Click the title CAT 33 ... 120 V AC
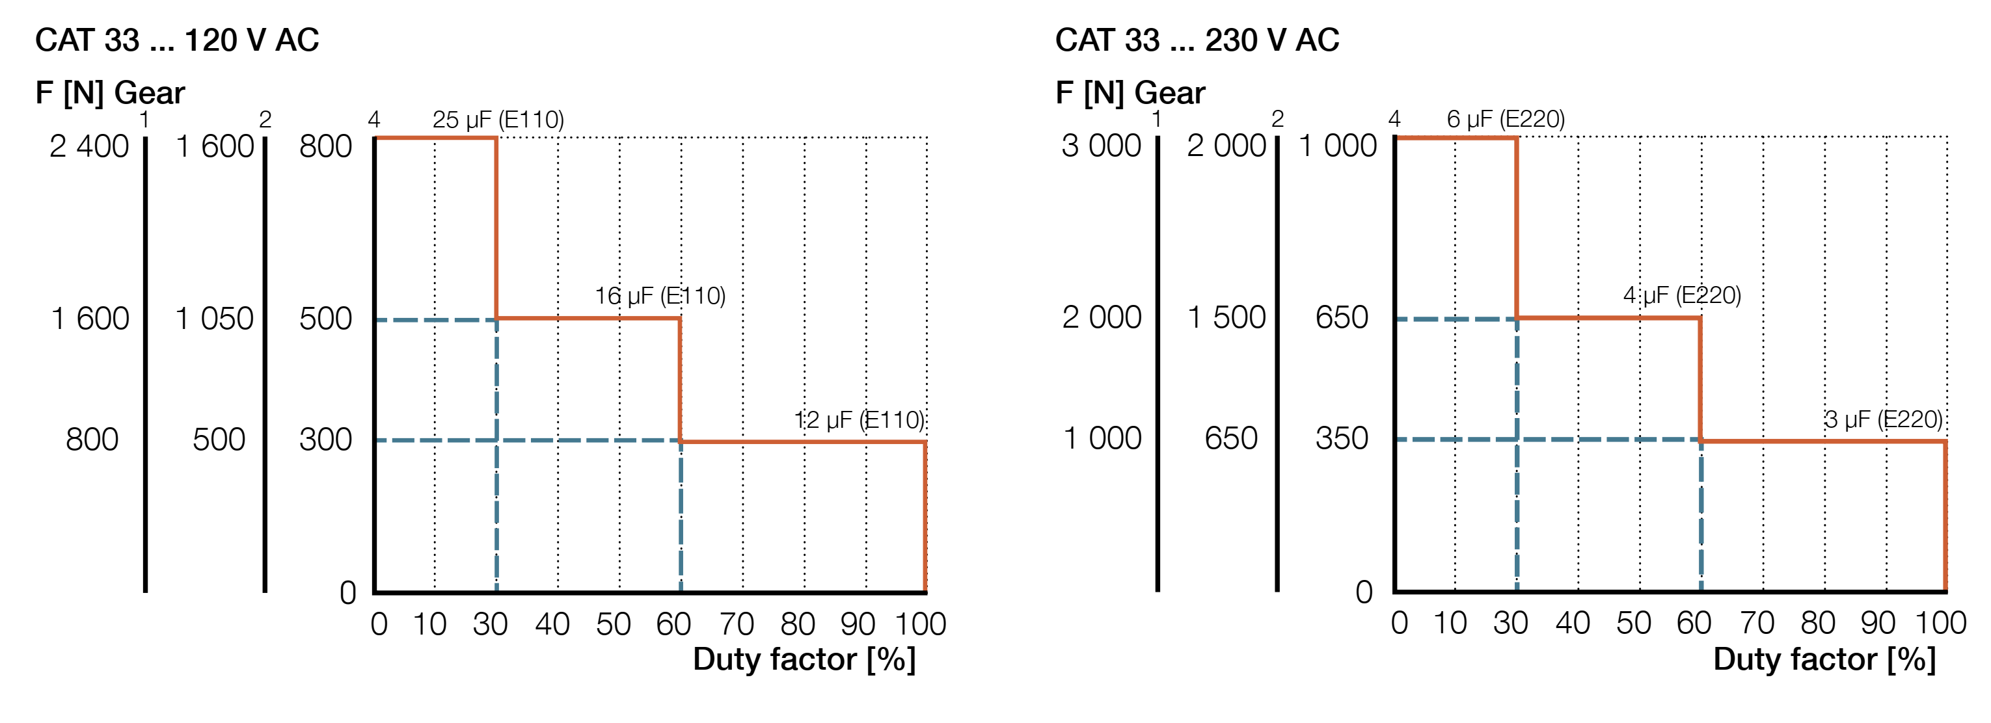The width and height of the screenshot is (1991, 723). [177, 40]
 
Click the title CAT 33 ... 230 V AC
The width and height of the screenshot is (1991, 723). [1197, 40]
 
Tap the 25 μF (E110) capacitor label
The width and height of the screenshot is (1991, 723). [498, 120]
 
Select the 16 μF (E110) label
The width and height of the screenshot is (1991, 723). [659, 296]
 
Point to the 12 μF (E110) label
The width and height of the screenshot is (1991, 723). [859, 420]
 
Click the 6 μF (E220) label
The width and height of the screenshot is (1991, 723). [1505, 119]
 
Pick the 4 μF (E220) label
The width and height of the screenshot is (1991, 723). [1681, 295]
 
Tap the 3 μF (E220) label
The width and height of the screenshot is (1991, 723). [1883, 419]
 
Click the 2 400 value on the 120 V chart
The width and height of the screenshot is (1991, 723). [89, 146]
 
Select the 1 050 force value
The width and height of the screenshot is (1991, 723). [214, 318]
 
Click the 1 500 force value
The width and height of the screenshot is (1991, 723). [1226, 317]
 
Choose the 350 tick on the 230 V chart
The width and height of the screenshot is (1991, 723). [1342, 438]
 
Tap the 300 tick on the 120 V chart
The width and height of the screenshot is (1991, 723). [325, 440]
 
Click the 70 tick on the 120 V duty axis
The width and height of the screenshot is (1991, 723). [736, 624]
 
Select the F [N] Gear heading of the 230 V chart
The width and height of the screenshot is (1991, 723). [1130, 93]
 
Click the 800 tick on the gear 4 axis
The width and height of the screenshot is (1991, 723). [325, 146]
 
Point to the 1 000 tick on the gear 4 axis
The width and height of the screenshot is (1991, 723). [1337, 145]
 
